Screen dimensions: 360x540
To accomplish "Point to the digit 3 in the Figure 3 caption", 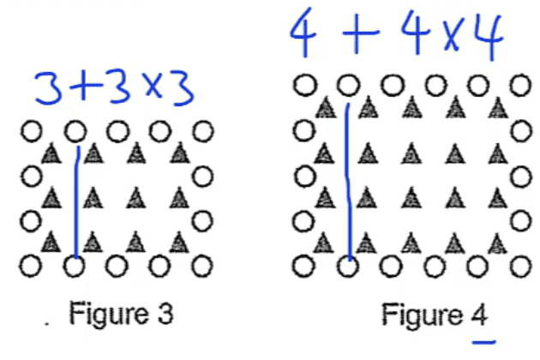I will (x=166, y=314).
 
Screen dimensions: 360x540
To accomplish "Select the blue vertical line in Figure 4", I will (x=347, y=180).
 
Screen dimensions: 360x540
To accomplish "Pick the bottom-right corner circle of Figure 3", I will (x=202, y=265).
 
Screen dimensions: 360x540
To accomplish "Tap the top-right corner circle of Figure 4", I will (x=519, y=86).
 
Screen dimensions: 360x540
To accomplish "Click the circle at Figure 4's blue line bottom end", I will (x=347, y=266).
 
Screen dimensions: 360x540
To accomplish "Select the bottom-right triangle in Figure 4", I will (x=496, y=243).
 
